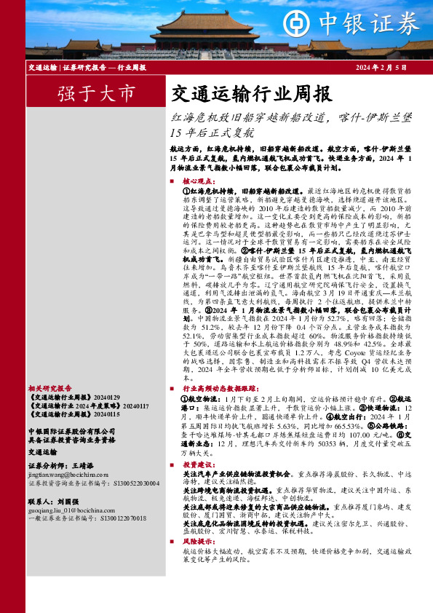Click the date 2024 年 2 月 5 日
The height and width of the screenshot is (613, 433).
381,68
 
